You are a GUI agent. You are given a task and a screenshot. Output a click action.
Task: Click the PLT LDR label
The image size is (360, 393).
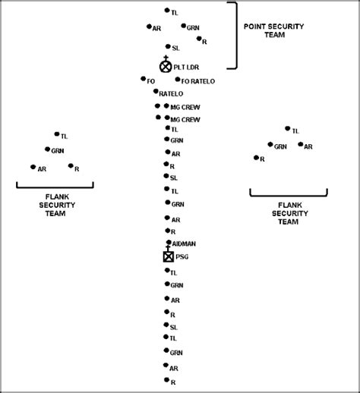pos(186,68)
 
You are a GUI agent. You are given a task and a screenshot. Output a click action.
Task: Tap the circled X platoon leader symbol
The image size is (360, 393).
pos(166,67)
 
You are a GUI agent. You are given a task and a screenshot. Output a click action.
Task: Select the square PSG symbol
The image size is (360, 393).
pos(169,256)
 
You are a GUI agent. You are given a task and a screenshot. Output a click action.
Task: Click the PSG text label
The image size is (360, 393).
pos(182,257)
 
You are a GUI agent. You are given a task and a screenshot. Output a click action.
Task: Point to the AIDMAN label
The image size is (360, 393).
pos(184,244)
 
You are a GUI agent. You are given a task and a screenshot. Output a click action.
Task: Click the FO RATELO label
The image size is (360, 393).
pos(198,81)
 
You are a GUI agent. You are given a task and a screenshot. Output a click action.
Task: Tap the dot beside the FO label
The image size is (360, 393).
pos(144,79)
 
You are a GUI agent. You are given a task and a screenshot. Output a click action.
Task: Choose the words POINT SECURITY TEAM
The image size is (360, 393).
pos(274,30)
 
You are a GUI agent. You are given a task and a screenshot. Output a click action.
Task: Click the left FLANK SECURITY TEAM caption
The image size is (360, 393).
pos(57,205)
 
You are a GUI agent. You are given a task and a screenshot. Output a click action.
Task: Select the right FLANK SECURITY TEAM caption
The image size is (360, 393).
pos(290,213)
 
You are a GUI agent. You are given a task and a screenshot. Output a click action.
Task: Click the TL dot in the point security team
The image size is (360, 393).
pos(167,10)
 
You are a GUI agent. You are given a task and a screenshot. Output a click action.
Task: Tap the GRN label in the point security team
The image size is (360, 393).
pos(193,28)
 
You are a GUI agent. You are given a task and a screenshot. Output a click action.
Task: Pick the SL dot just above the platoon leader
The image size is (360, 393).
pos(168,46)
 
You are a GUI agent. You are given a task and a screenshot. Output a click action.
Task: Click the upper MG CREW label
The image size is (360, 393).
pos(185,107)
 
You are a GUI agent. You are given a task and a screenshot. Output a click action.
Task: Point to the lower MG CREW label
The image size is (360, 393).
pos(185,119)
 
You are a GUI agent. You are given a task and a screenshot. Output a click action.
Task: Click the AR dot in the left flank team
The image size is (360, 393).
pos(33,167)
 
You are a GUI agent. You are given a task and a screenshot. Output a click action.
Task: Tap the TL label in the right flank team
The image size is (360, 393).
pos(295,131)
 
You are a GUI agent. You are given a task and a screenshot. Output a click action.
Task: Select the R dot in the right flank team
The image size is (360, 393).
pos(256,158)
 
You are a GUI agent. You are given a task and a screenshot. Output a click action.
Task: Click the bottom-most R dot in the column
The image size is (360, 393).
pos(166,380)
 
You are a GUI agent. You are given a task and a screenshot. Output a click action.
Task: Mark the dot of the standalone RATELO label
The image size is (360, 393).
pos(156,91)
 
